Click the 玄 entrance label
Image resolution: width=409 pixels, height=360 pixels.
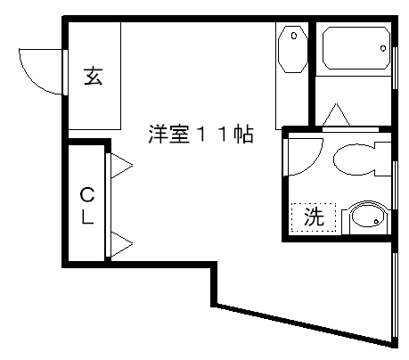[x=94, y=76]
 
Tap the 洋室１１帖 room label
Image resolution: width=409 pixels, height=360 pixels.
[x=200, y=135]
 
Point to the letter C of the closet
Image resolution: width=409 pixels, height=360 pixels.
[x=87, y=194]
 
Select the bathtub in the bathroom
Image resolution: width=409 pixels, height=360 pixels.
[x=356, y=48]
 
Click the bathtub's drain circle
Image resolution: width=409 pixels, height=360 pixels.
[x=383, y=48]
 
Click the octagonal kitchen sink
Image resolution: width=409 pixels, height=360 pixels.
[x=292, y=49]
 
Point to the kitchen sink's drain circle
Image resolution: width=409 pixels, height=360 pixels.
[x=294, y=36]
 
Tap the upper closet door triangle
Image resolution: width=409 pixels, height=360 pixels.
[x=121, y=166]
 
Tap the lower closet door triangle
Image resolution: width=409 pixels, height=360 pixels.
[x=121, y=244]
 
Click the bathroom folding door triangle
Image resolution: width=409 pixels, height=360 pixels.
[x=336, y=115]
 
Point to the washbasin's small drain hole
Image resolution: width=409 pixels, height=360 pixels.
[x=377, y=221]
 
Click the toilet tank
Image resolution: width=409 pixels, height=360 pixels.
[x=383, y=160]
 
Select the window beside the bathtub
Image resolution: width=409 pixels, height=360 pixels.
[x=395, y=68]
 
